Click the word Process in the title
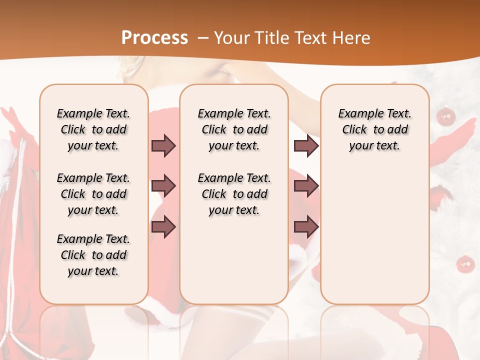point(154,38)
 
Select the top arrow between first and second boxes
point(163,145)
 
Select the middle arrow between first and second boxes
point(163,186)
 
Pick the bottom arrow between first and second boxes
point(163,227)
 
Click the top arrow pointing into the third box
point(306,145)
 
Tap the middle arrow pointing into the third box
point(306,186)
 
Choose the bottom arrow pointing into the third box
point(306,227)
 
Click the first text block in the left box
point(93,129)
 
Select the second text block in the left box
point(93,194)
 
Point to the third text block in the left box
point(93,255)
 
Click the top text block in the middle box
point(234,129)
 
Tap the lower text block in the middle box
point(234,194)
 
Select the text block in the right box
point(374,129)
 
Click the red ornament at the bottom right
point(466,263)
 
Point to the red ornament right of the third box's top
point(445,117)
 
